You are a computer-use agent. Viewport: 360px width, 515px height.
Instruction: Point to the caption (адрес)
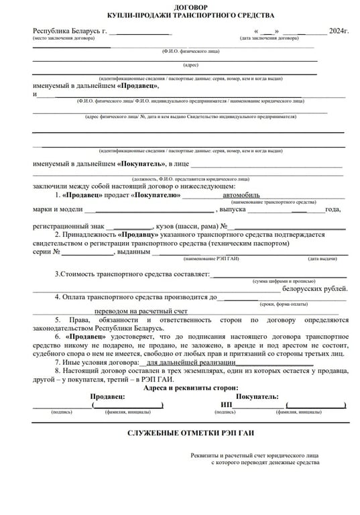pos(190,65)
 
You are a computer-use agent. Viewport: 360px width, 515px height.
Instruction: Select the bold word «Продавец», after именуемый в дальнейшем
pos(137,86)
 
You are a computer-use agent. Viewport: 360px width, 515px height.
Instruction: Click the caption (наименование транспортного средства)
pos(273,202)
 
